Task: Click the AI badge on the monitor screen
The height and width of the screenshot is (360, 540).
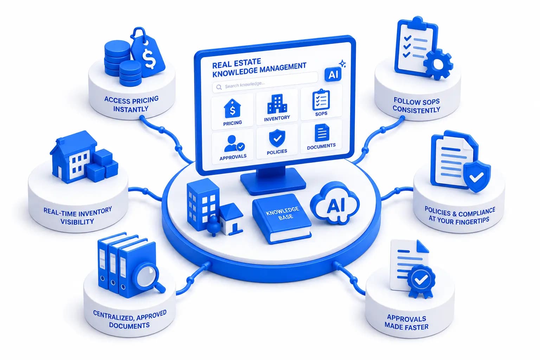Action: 333,75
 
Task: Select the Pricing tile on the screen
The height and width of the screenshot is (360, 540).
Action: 232,112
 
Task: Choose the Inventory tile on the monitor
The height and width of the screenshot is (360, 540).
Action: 277,107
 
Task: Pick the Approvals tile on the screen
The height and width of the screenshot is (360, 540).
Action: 233,146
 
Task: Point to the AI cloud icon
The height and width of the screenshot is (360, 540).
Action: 335,203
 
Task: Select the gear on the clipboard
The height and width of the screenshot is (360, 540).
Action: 438,64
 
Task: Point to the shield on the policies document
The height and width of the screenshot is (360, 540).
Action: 477,177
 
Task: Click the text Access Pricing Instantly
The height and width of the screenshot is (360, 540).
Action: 131,104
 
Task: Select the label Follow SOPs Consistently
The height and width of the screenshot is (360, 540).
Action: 417,105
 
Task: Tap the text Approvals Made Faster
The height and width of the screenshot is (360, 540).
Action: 406,323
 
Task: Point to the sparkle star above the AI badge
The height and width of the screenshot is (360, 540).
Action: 342,64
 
